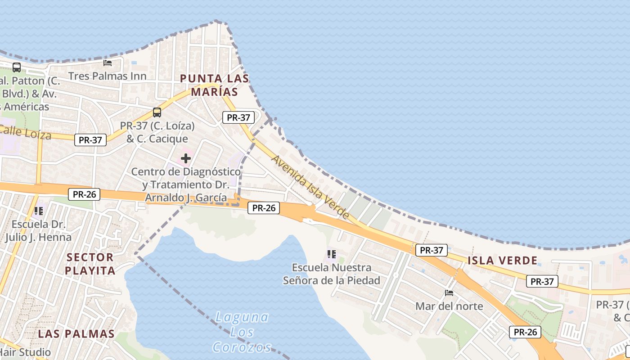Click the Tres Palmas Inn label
pyautogui.click(x=108, y=76)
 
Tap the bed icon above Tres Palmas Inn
pyautogui.click(x=108, y=63)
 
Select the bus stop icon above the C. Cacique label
pyautogui.click(x=157, y=112)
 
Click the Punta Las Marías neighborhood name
pyautogui.click(x=214, y=85)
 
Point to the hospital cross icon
pyautogui.click(x=186, y=158)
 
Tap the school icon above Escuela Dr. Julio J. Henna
pyautogui.click(x=39, y=211)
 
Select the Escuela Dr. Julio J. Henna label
pyautogui.click(x=39, y=230)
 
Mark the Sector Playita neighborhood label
pyautogui.click(x=90, y=264)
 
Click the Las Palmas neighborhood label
pyautogui.click(x=76, y=333)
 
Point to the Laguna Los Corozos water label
pyautogui.click(x=242, y=332)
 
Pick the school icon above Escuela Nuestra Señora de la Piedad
pyautogui.click(x=332, y=254)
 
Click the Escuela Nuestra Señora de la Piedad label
pyautogui.click(x=332, y=274)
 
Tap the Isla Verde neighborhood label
pyautogui.click(x=502, y=260)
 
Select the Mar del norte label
pyautogui.click(x=449, y=306)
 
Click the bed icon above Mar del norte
pyautogui.click(x=449, y=293)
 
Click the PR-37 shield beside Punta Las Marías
pyautogui.click(x=238, y=118)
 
